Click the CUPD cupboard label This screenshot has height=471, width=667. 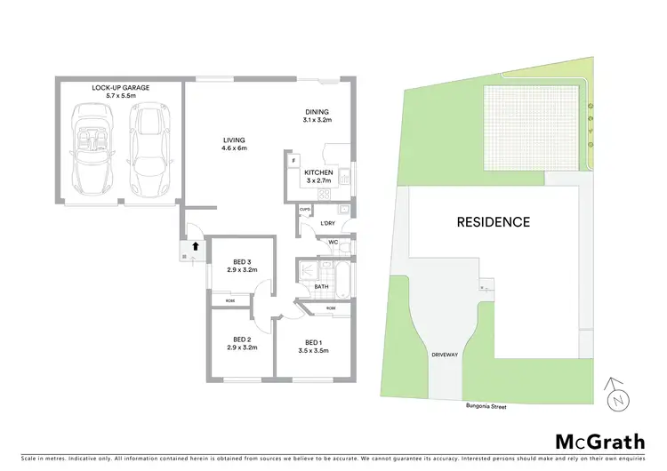click(304, 211)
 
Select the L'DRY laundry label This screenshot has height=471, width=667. click(329, 222)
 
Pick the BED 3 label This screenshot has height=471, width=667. click(242, 265)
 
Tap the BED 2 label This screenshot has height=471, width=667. click(242, 343)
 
